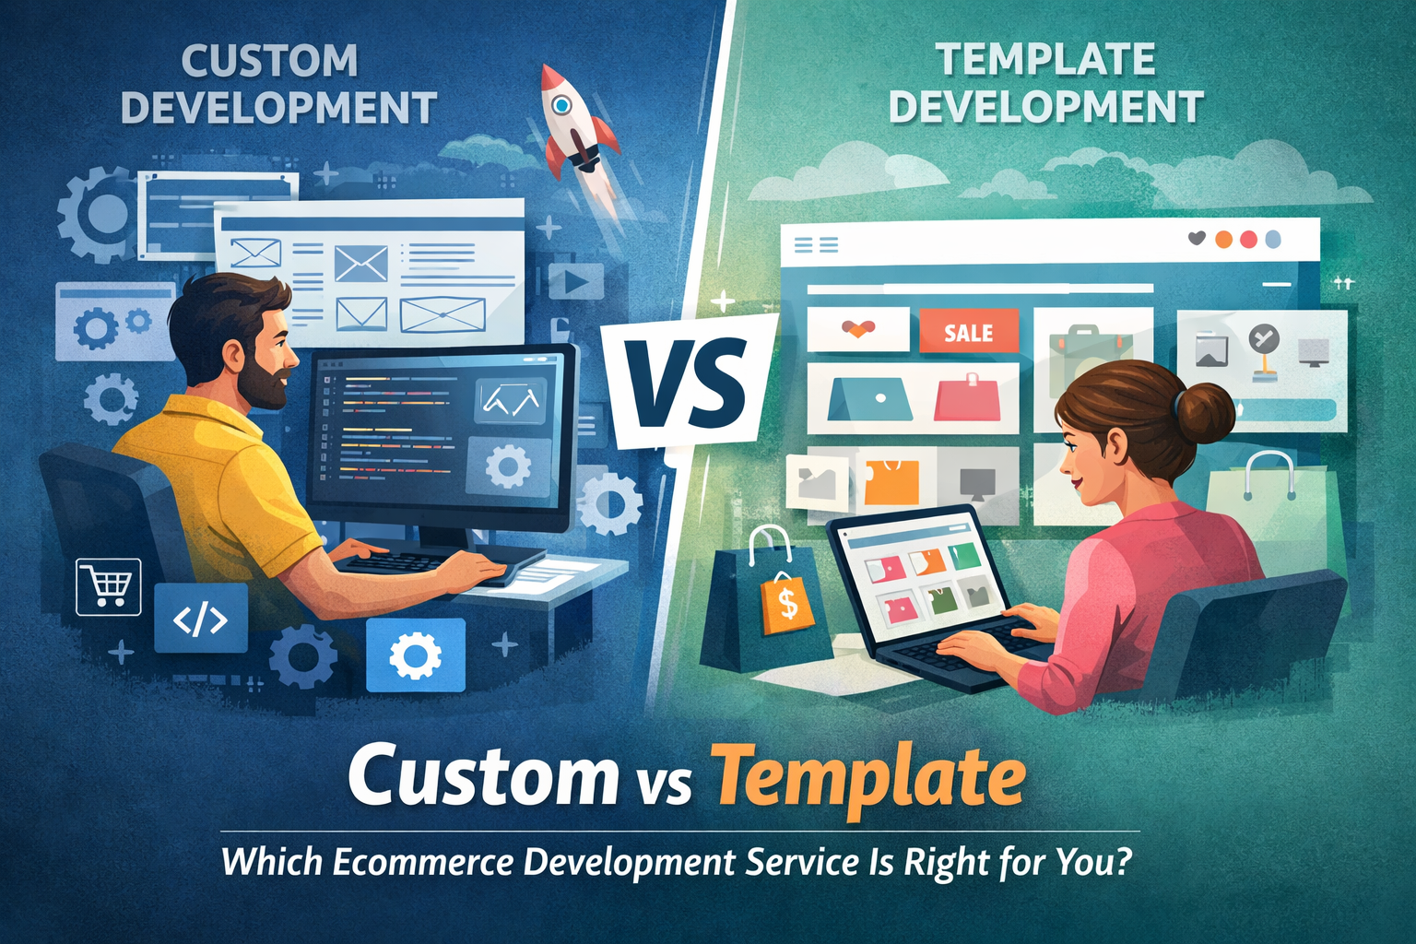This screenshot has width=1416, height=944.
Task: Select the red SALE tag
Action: (968, 332)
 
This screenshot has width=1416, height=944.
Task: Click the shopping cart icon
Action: (108, 586)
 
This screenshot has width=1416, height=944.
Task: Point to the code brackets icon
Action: (200, 619)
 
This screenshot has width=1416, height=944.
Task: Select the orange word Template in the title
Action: (868, 777)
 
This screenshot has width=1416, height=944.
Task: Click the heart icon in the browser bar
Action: (1197, 239)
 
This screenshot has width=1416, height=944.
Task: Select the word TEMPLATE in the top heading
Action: (1045, 60)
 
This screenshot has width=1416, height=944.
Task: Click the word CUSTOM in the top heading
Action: (269, 62)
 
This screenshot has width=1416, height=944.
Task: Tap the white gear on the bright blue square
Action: (416, 655)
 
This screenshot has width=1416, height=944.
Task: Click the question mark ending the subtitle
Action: (1121, 863)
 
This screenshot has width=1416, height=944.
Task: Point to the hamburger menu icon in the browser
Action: (816, 244)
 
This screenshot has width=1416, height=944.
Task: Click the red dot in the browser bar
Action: (1248, 240)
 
